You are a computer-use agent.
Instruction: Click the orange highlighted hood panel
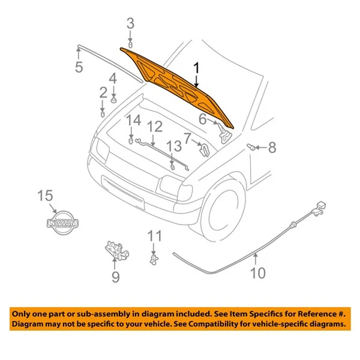click(174, 81)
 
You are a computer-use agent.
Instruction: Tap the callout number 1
click(196, 70)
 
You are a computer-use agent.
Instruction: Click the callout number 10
click(257, 274)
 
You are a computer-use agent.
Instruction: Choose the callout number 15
click(46, 196)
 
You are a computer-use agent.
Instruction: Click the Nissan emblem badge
click(62, 223)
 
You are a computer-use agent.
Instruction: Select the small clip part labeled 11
click(154, 258)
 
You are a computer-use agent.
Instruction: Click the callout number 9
click(115, 277)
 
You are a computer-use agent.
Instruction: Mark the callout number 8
click(272, 147)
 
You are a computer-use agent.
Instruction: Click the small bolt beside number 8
click(252, 146)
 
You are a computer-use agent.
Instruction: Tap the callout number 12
click(155, 127)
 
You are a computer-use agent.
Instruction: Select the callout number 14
click(133, 120)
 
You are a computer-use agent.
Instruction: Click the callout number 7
click(188, 139)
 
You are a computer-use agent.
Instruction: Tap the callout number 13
click(173, 146)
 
